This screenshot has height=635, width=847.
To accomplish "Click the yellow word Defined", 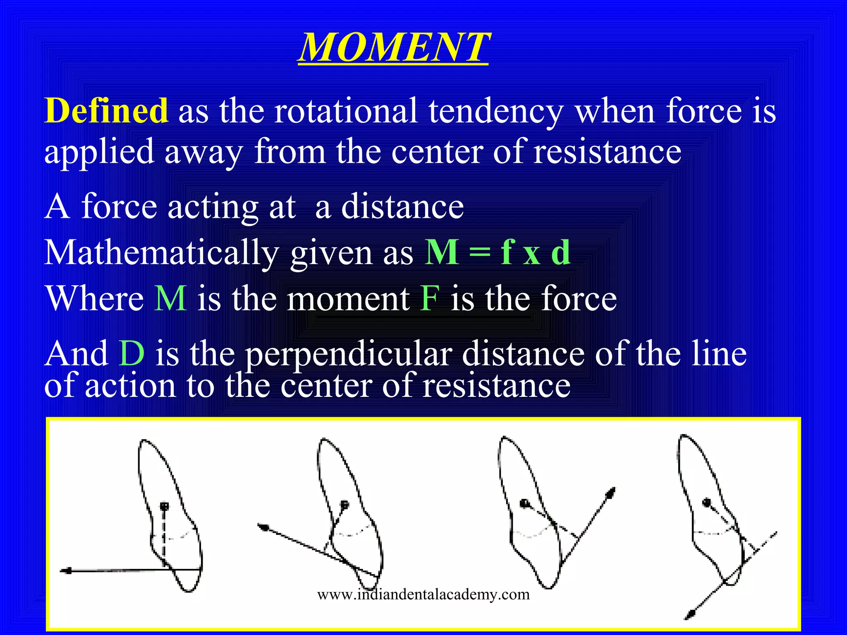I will pyautogui.click(x=106, y=111).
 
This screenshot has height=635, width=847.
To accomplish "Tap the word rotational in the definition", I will pyautogui.click(x=345, y=111).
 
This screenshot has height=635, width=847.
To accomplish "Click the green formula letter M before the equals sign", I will pyautogui.click(x=442, y=252).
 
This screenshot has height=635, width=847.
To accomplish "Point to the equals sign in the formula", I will pyautogui.click(x=480, y=253).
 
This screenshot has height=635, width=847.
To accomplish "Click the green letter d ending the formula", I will pyautogui.click(x=561, y=252).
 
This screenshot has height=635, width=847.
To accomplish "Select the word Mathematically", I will pyautogui.click(x=161, y=253).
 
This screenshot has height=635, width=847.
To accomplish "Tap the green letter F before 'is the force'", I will pyautogui.click(x=429, y=298).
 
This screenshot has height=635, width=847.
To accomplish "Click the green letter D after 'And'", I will pyautogui.click(x=132, y=354).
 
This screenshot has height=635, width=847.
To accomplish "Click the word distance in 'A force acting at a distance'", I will pyautogui.click(x=402, y=206).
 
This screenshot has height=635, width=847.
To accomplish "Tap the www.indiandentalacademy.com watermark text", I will pyautogui.click(x=423, y=594).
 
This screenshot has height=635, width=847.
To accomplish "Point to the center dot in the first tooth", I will pyautogui.click(x=165, y=506).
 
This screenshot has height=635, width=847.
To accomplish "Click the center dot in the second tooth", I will pyautogui.click(x=345, y=504).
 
